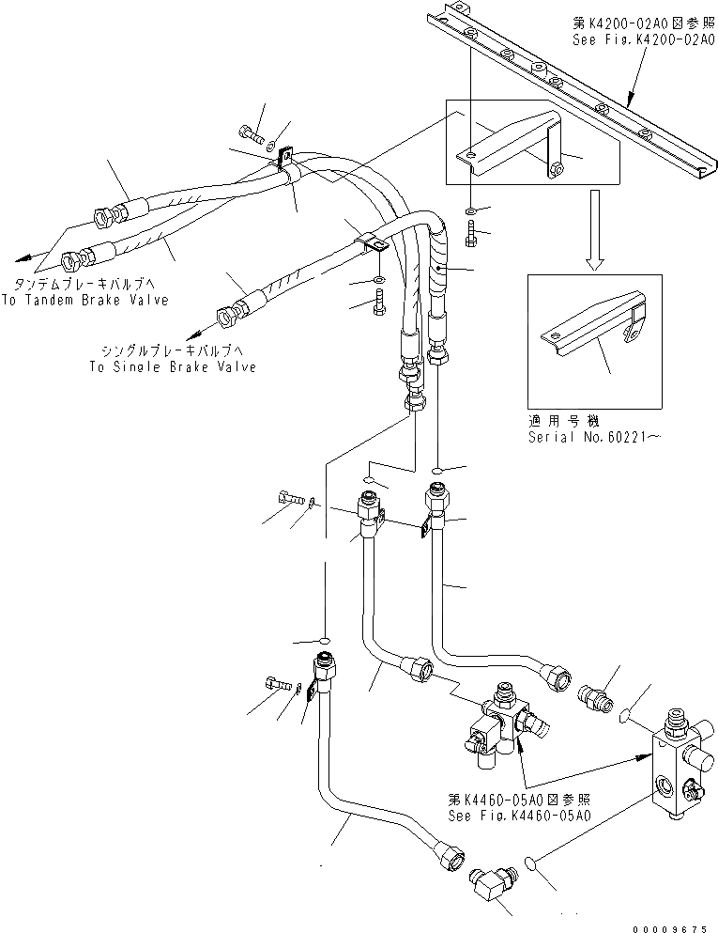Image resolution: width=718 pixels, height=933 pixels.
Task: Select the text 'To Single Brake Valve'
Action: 173,367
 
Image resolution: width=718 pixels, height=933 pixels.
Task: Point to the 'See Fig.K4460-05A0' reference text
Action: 519,816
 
